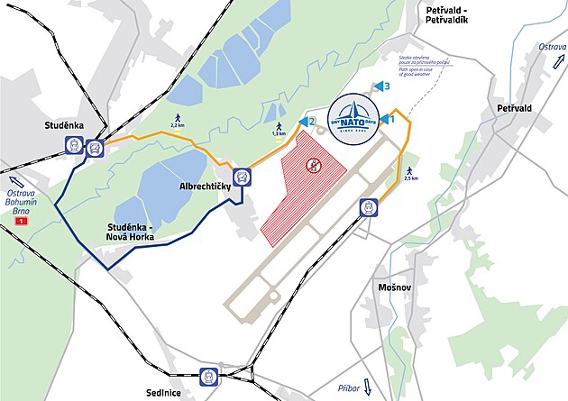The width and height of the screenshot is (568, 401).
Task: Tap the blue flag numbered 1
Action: [x=389, y=118]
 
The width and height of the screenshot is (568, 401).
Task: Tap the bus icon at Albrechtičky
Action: [x=241, y=177]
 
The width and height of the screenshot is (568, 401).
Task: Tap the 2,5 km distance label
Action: [x=412, y=178]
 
